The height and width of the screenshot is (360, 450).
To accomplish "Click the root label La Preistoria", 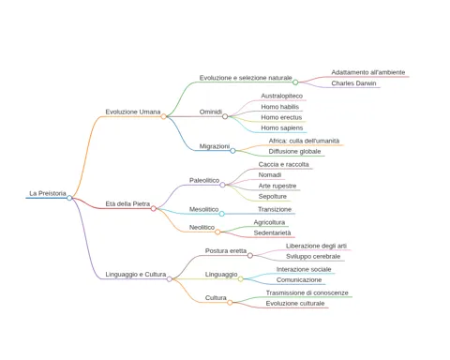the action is pyautogui.click(x=48, y=193).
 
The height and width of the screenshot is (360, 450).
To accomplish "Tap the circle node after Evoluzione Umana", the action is pyautogui.click(x=163, y=116).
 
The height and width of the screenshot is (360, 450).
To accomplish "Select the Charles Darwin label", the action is pyautogui.click(x=353, y=83).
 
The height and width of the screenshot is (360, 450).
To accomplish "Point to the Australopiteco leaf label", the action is pyautogui.click(x=282, y=96).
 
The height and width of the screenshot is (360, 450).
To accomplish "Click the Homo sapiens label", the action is pyautogui.click(x=282, y=127).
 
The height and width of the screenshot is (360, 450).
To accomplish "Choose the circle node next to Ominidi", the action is pyautogui.click(x=225, y=116).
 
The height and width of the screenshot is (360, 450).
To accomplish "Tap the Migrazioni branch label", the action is pyautogui.click(x=215, y=146).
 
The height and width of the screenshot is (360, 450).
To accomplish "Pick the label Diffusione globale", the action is pyautogui.click(x=294, y=152).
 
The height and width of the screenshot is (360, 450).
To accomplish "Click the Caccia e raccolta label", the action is pyautogui.click(x=283, y=164).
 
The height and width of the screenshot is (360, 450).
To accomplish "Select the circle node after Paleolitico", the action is pyautogui.click(x=222, y=185).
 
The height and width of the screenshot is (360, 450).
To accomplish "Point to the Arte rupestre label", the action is pyautogui.click(x=277, y=186).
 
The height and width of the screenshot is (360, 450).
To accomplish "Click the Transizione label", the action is pyautogui.click(x=275, y=209).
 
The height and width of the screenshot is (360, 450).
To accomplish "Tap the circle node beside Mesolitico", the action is pyautogui.click(x=221, y=214).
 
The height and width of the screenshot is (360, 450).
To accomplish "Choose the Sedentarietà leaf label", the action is pyautogui.click(x=272, y=232).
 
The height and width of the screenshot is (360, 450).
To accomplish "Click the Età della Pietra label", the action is pyautogui.click(x=127, y=204).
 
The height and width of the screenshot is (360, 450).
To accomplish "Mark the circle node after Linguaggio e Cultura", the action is pyautogui.click(x=170, y=278).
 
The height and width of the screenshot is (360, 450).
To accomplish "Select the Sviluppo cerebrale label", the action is pyautogui.click(x=313, y=257).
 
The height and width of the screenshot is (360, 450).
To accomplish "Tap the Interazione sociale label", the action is pyautogui.click(x=304, y=269).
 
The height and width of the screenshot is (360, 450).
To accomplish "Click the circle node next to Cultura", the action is pyautogui.click(x=230, y=303).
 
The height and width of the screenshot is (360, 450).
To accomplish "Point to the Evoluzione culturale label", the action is pyautogui.click(x=295, y=304).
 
